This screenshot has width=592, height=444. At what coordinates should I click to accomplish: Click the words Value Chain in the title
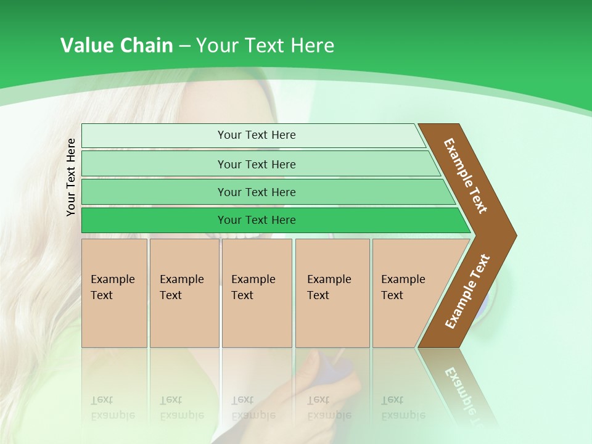[x=117, y=46]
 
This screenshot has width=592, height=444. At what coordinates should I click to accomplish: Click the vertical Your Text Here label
[x=71, y=177]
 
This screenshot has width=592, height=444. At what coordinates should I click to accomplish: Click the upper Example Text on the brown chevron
[x=466, y=176]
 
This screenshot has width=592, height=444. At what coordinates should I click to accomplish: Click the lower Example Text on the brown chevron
[x=467, y=291]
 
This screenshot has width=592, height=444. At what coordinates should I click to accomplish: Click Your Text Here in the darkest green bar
[x=257, y=220]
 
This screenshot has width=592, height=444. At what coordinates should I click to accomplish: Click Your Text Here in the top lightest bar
[x=257, y=135]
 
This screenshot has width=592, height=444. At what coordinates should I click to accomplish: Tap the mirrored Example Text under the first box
[x=112, y=408]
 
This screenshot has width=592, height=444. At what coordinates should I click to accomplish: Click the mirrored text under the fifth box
[x=403, y=408]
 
